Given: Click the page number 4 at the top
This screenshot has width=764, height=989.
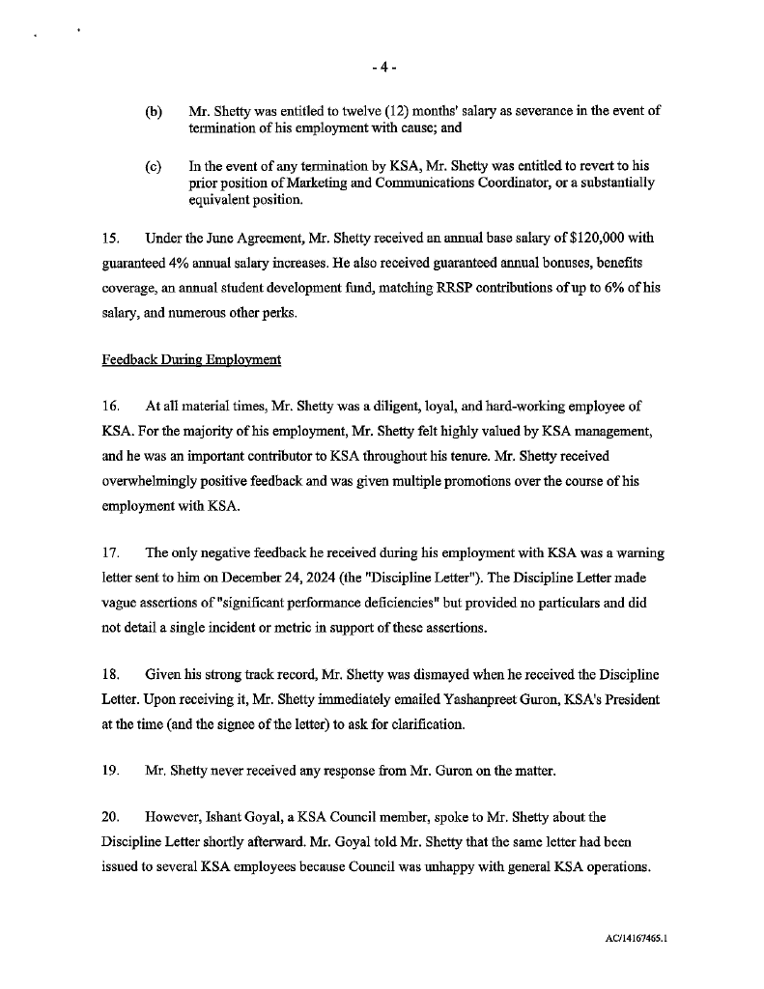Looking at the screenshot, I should (x=382, y=68).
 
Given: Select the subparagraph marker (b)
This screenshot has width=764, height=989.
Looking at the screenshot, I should (x=154, y=111).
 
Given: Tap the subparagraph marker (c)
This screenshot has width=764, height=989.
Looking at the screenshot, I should (x=154, y=166).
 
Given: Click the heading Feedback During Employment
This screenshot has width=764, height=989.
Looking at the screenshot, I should (x=191, y=360).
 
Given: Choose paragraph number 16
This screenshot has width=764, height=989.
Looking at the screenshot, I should (x=110, y=406).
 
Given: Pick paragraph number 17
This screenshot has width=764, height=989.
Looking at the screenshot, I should (x=110, y=553).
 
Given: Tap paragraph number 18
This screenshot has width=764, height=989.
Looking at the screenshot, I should (x=110, y=672).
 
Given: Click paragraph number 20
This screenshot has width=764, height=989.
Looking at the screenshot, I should (x=110, y=816).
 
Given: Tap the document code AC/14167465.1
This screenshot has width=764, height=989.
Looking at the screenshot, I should (x=634, y=936).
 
